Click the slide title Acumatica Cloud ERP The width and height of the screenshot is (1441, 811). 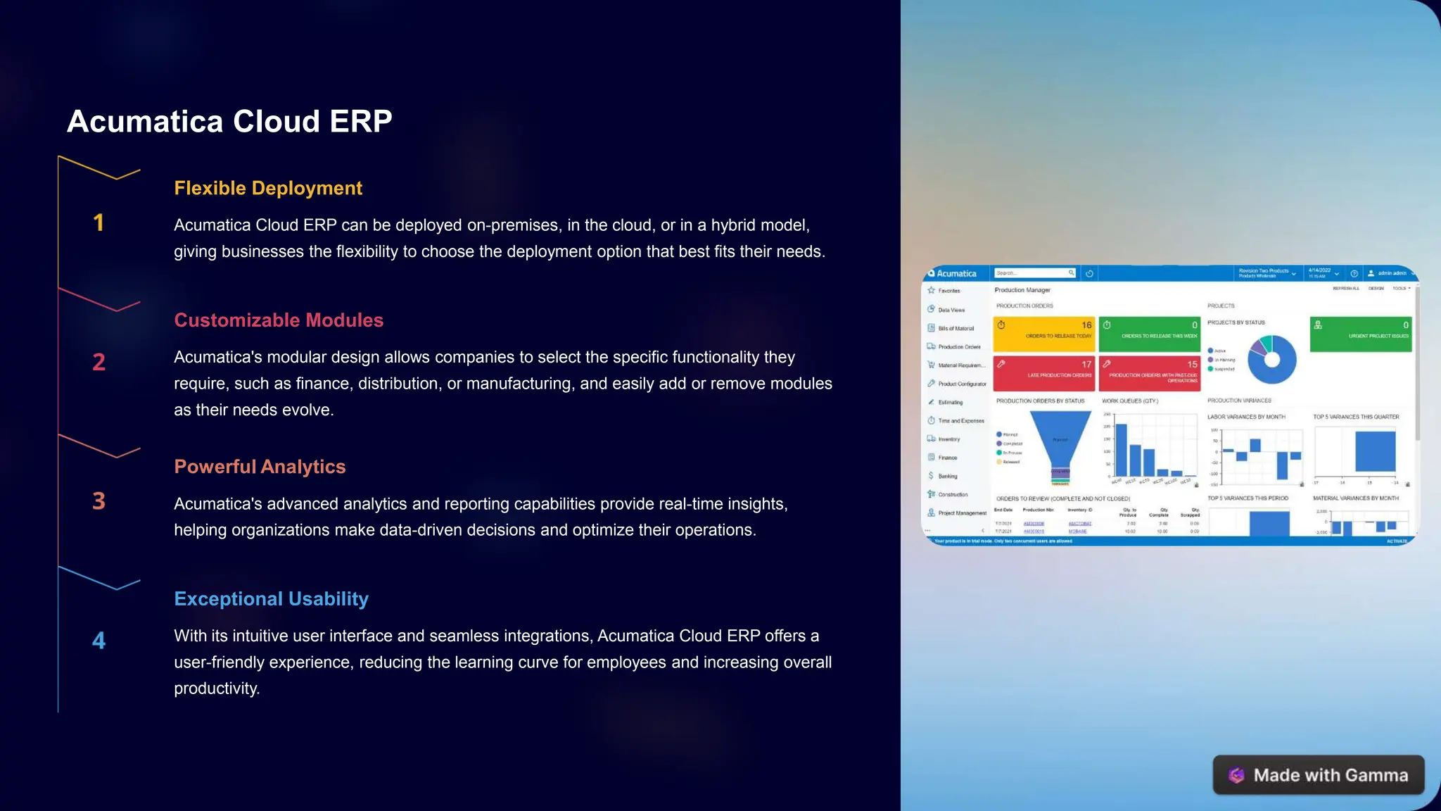[229, 122]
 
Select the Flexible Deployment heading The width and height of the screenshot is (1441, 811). [268, 188]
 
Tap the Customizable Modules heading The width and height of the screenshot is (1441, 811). [279, 320]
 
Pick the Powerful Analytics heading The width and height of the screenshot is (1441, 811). [260, 467]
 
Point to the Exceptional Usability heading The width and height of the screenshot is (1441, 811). [271, 599]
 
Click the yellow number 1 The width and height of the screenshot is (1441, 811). [99, 223]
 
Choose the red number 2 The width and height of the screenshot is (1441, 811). [99, 363]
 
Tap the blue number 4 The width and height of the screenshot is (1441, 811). [99, 641]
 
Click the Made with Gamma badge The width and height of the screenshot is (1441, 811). [1318, 775]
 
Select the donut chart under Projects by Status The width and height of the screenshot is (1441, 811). [1271, 360]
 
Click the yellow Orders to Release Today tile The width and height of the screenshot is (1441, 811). [1043, 334]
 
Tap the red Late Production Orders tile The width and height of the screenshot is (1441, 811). [1043, 372]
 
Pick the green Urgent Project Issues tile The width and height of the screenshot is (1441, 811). [1360, 334]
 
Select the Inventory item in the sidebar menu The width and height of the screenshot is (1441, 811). [948, 439]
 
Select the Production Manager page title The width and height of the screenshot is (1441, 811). [1022, 290]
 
